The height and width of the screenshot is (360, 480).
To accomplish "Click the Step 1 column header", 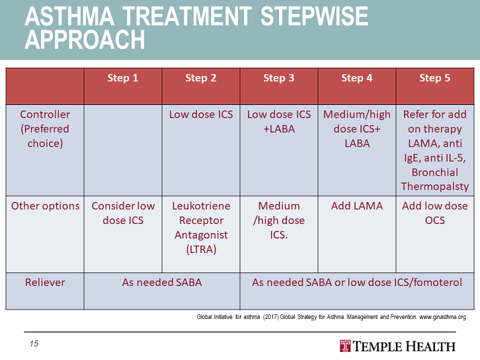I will click(122, 78).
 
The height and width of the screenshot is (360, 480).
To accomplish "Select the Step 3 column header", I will click(278, 78).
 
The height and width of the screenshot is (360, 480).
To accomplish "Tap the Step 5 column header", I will click(434, 78).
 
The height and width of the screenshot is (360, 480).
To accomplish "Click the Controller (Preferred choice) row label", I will click(44, 129).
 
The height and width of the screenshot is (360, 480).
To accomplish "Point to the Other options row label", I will click(44, 206).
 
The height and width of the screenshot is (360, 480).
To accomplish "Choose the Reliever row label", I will click(44, 283).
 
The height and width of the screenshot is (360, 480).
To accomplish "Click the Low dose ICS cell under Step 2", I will click(200, 114).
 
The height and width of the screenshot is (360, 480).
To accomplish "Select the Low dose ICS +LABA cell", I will click(278, 122).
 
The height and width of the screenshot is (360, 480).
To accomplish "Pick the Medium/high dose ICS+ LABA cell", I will click(356, 129).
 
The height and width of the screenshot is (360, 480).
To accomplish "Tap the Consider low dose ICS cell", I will click(122, 213).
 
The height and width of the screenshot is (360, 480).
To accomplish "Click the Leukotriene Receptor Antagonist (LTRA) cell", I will click(200, 227).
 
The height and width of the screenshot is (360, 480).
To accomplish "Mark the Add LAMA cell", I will click(356, 206).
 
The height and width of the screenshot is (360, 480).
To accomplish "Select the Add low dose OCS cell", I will click(434, 213).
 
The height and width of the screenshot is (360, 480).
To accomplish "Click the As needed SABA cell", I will click(161, 283).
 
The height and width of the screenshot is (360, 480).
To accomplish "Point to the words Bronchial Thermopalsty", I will click(434, 180).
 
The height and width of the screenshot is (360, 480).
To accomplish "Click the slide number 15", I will click(34, 344).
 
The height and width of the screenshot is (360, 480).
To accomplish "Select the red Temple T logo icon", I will click(346, 347).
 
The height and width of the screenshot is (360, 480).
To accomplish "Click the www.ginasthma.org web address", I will click(442, 316).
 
